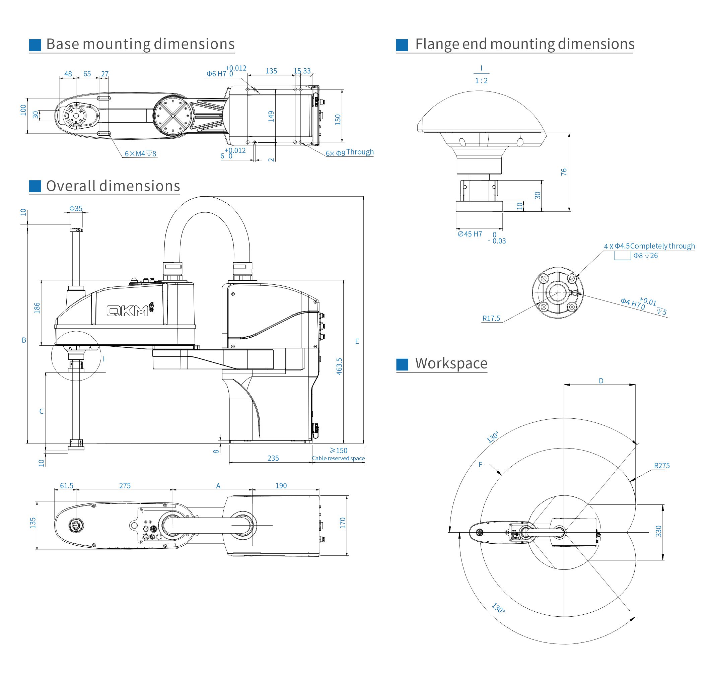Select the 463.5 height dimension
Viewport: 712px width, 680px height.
[339, 366]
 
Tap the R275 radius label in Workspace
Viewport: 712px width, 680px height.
[662, 466]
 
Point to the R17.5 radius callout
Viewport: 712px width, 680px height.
[491, 318]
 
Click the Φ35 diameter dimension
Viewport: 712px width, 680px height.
[76, 208]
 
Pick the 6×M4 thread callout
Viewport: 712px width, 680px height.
[140, 154]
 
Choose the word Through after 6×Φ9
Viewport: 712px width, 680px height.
[359, 152]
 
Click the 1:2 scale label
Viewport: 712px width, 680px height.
[481, 80]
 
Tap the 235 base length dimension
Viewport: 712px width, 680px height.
[273, 458]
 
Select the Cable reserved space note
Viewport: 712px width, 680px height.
[338, 458]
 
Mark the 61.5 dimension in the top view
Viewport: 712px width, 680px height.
[66, 485]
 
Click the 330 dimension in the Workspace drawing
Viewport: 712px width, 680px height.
[658, 531]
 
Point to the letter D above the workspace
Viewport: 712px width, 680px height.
[601, 381]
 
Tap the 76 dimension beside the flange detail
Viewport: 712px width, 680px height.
[564, 172]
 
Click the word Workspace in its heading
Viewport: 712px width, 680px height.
[451, 363]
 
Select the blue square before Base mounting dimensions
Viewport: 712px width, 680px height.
[35, 45]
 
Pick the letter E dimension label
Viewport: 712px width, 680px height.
[357, 341]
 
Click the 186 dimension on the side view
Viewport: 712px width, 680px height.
[37, 308]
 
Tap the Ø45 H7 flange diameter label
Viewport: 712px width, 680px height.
[470, 234]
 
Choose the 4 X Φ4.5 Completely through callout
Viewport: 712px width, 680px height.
[649, 246]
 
